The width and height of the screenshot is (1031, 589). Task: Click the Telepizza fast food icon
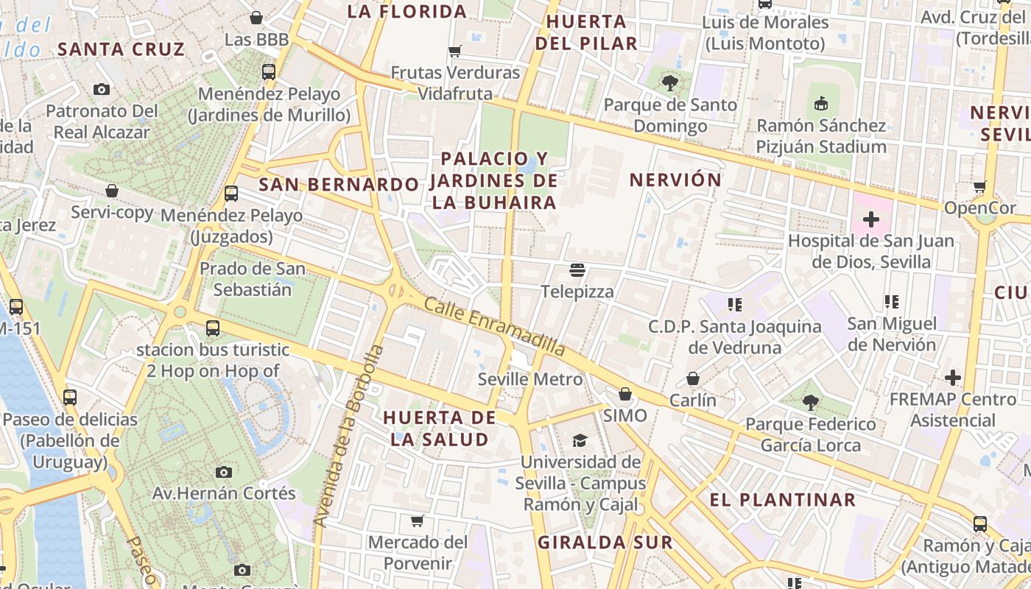pyautogui.click(x=577, y=270)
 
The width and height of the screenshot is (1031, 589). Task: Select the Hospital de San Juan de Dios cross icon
pyautogui.click(x=871, y=219)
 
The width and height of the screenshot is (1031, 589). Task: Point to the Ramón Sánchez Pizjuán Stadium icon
pyautogui.click(x=821, y=104)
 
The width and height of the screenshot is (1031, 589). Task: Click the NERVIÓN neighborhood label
pyautogui.click(x=675, y=180)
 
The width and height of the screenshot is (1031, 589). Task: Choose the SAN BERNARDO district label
pyautogui.click(x=338, y=184)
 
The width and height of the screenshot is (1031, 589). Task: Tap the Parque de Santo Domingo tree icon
pyautogui.click(x=669, y=83)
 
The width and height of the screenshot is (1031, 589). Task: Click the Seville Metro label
pyautogui.click(x=530, y=380)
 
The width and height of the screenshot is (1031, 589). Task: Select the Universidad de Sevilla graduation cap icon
pyautogui.click(x=580, y=440)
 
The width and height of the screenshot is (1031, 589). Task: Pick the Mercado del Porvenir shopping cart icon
pyautogui.click(x=418, y=521)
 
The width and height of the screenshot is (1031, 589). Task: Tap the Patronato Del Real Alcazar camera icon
pyautogui.click(x=102, y=90)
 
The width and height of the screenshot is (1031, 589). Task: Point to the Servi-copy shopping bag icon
pyautogui.click(x=112, y=191)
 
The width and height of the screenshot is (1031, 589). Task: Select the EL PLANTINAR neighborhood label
pyautogui.click(x=782, y=500)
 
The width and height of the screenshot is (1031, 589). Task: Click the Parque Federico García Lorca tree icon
pyautogui.click(x=810, y=403)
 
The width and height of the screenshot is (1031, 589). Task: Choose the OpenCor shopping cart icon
pyautogui.click(x=980, y=187)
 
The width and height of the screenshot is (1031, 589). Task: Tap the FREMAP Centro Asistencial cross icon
pyautogui.click(x=953, y=378)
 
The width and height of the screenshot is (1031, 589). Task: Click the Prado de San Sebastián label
pyautogui.click(x=253, y=279)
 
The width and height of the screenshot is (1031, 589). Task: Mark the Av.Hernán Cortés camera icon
pyautogui.click(x=224, y=472)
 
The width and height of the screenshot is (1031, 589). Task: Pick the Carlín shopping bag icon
pyautogui.click(x=693, y=379)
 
